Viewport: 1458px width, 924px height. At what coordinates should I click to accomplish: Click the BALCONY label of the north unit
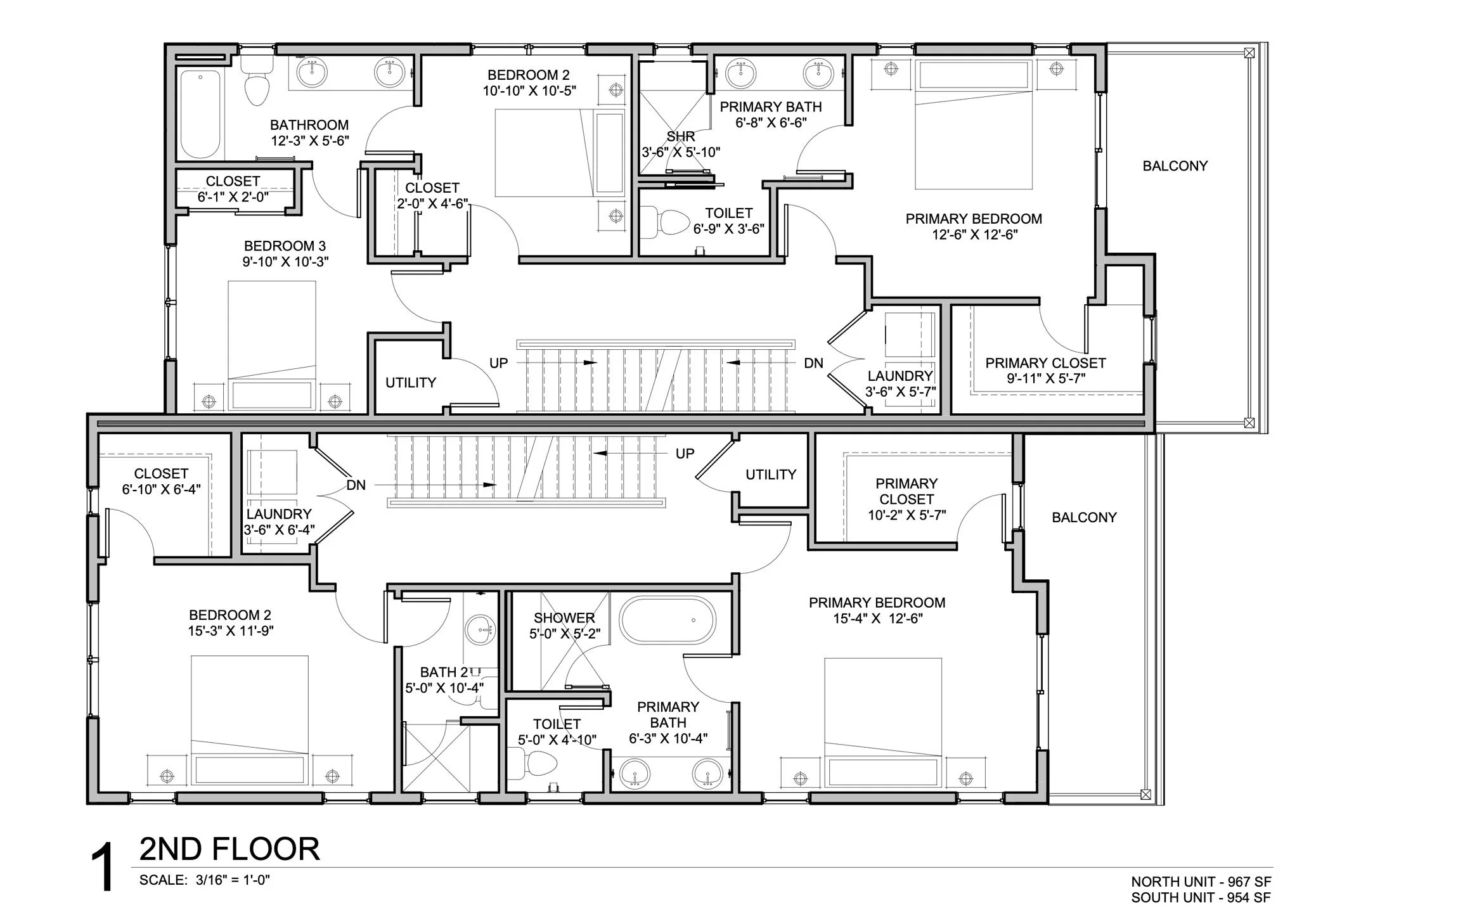(1175, 166)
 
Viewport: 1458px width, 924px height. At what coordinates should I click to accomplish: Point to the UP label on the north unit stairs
(498, 363)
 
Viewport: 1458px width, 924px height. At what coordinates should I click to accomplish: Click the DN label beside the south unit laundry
(356, 485)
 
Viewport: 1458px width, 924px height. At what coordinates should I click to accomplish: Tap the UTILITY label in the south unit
(770, 475)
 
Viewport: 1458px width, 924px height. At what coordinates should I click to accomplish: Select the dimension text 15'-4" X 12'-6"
(877, 619)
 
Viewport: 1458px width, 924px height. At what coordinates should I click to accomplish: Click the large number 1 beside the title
(102, 868)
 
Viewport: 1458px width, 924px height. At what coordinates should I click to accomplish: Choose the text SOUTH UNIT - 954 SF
(1201, 897)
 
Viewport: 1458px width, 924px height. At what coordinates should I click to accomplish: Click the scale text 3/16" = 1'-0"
(233, 880)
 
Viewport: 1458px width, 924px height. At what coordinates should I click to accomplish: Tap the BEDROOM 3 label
(285, 246)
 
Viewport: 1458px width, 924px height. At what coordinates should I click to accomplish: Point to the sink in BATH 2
(479, 631)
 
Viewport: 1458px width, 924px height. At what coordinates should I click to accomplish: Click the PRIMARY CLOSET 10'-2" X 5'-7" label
(906, 499)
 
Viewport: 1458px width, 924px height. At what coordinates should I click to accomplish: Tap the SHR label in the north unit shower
(680, 137)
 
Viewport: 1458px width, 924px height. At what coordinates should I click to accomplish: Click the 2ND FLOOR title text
(229, 849)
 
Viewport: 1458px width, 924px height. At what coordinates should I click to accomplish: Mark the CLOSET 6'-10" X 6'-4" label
(161, 482)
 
